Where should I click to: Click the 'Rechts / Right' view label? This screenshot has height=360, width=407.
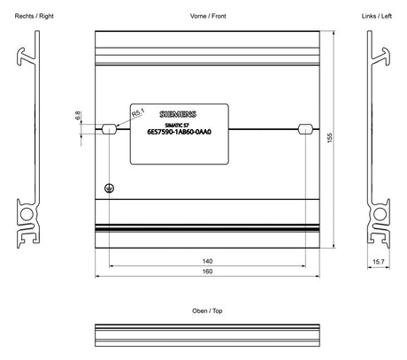click(x=35, y=16)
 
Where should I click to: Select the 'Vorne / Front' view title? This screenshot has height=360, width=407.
click(x=208, y=16)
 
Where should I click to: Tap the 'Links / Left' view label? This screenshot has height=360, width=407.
click(x=377, y=16)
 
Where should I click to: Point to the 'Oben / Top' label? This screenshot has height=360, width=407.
click(x=207, y=310)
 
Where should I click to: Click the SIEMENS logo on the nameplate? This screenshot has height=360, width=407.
click(x=178, y=114)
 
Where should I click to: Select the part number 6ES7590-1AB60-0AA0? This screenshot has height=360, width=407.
click(x=180, y=132)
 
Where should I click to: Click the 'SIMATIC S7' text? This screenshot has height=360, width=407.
click(x=177, y=125)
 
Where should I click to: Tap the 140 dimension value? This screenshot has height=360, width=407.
click(x=207, y=261)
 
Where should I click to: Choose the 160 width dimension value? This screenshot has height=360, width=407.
click(x=207, y=272)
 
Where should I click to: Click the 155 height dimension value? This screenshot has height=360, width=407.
click(x=330, y=138)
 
